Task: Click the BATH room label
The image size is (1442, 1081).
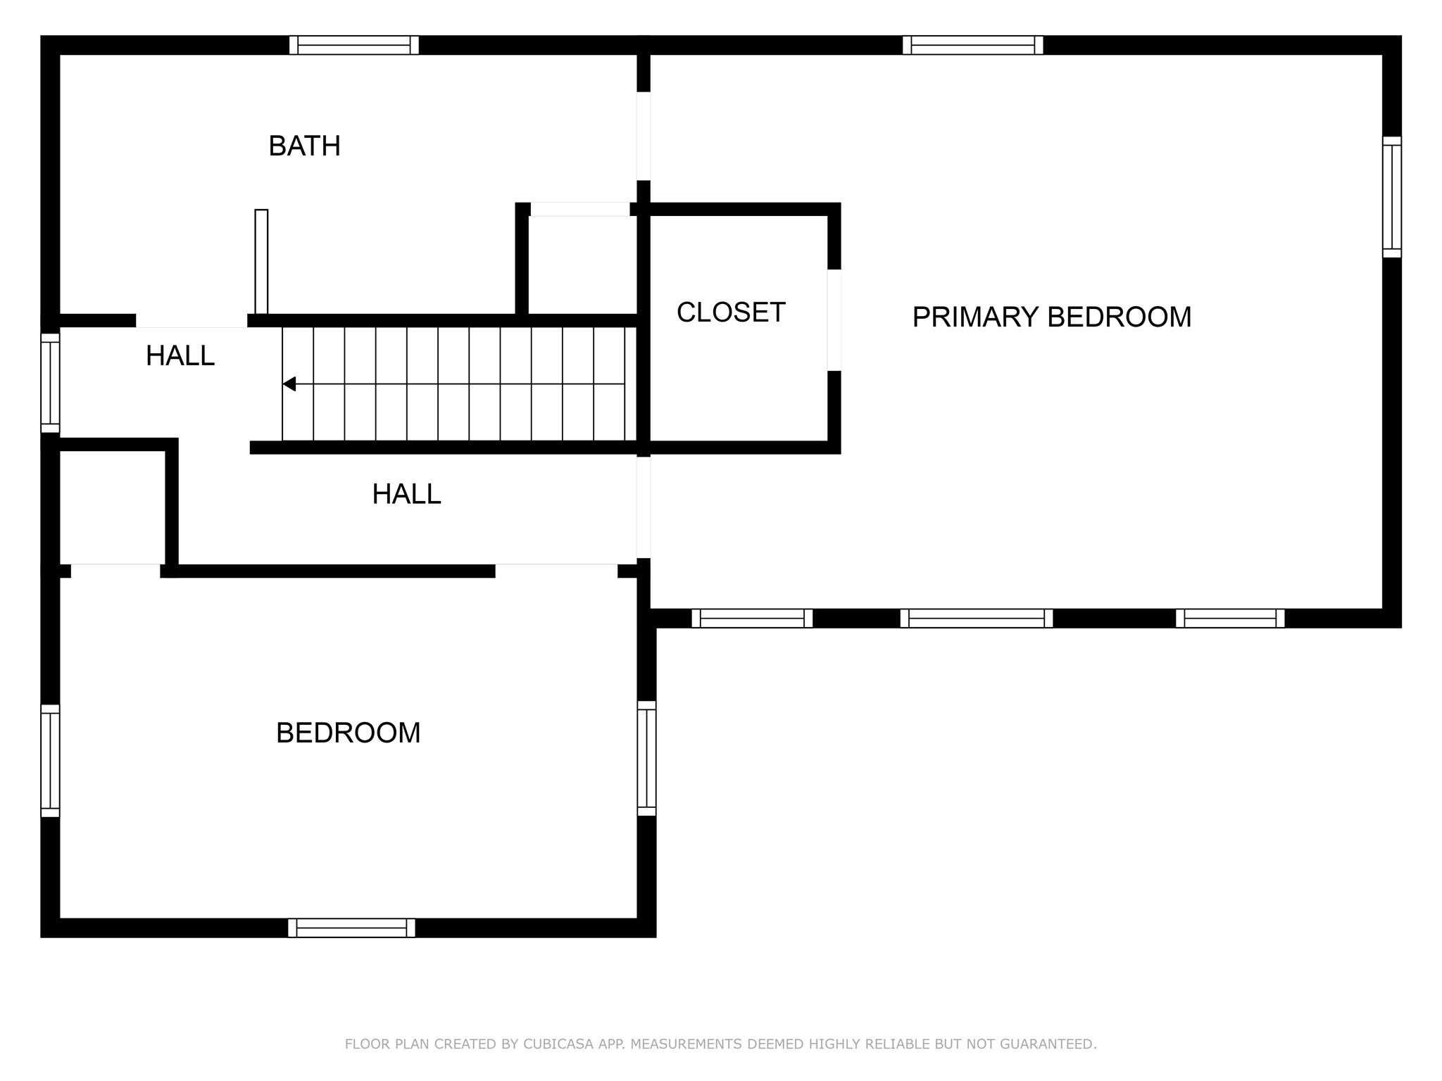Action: tap(304, 146)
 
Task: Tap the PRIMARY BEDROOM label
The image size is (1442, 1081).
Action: tap(1052, 317)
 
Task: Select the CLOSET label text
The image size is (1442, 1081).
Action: tap(731, 312)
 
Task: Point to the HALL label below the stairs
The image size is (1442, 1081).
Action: tap(406, 494)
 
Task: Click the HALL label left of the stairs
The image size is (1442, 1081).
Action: tap(180, 356)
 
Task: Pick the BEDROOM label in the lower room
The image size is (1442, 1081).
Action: tap(348, 733)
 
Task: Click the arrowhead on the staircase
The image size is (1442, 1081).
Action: tap(289, 384)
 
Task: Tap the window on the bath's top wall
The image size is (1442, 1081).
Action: tap(354, 45)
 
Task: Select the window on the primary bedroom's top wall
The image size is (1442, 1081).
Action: tap(973, 45)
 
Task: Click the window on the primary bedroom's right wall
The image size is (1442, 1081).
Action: tap(1392, 197)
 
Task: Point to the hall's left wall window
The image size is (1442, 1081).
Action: tap(50, 383)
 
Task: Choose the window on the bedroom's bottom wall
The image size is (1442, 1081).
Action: tap(351, 928)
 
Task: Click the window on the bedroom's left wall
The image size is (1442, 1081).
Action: tap(50, 761)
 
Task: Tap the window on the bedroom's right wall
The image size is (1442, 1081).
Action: tap(646, 759)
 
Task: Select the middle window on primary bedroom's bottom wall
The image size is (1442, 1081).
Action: tap(977, 619)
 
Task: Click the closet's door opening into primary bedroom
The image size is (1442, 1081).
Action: tap(834, 320)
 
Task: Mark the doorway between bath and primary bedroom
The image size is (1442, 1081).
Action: tap(644, 136)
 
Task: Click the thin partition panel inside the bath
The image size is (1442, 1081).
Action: tap(261, 262)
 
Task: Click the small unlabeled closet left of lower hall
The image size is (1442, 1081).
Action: tap(113, 507)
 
